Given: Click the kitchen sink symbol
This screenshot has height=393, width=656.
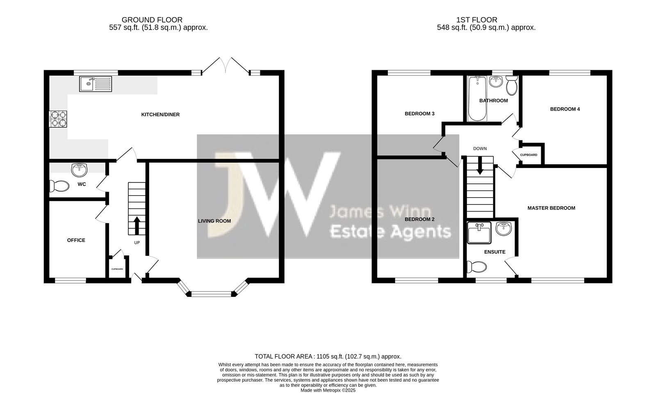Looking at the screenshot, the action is (96, 84).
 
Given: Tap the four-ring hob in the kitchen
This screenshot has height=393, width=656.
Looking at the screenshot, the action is (58, 119).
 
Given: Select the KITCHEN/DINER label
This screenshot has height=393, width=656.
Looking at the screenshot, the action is (160, 115).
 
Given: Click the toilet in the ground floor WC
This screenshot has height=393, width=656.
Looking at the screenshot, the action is (59, 186).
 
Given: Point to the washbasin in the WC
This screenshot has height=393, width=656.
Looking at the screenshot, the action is (80, 170).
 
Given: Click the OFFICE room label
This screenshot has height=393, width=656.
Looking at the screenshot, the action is (76, 240).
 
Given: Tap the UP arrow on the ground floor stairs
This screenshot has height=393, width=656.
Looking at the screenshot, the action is (137, 225).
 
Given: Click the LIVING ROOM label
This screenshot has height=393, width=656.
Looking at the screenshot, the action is (214, 221).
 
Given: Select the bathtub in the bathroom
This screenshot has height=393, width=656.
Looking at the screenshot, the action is (477, 99).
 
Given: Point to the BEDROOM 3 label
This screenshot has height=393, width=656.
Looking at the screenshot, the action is (419, 114).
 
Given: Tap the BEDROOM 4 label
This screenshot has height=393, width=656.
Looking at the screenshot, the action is (565, 109).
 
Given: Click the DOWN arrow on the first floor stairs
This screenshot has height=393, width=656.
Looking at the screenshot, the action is (480, 165).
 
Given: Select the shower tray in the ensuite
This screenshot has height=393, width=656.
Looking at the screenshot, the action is (479, 233).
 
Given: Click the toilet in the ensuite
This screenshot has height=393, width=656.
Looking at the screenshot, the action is (477, 267).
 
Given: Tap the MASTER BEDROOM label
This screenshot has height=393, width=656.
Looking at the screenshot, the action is (551, 208).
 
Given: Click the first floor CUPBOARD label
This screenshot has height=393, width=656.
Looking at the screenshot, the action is (528, 155).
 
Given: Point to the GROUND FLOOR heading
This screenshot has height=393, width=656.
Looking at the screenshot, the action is (152, 20).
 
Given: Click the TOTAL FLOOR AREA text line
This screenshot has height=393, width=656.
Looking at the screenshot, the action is (328, 356).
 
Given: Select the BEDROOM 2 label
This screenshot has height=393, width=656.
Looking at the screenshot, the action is (419, 219).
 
